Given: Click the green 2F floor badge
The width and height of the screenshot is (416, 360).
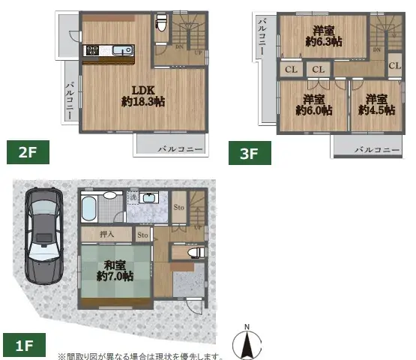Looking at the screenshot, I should [x=28, y=153].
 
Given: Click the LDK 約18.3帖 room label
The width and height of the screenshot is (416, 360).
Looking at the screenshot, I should [x=143, y=96].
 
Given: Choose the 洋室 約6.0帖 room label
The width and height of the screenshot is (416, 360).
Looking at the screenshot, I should [x=313, y=105].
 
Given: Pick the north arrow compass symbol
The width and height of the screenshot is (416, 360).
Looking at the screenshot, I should [x=247, y=343].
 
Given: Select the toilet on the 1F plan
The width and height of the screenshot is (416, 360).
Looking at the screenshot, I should [x=195, y=253].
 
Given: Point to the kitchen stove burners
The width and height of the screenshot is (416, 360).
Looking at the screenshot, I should [x=94, y=50].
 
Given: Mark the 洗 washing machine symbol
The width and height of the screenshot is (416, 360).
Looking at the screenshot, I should [x=132, y=198].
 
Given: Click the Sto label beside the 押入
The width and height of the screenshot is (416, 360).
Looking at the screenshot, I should [x=143, y=235].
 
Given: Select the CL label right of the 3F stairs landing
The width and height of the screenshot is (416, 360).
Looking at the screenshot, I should [x=394, y=66].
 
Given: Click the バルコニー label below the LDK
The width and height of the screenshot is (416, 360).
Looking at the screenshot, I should [x=180, y=149].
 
